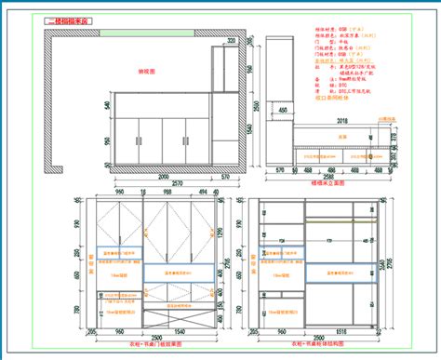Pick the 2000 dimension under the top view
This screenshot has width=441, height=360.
[x=164, y=174]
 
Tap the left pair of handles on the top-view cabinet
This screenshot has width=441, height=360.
[x=138, y=140]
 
